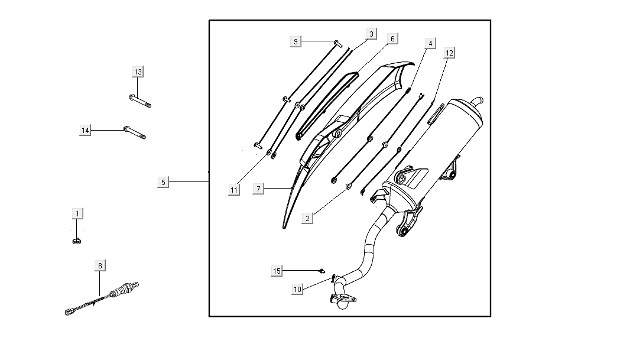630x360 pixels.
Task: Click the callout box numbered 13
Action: tap(138, 72)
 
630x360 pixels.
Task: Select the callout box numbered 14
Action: tap(86, 130)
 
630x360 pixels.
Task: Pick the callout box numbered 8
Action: tap(100, 266)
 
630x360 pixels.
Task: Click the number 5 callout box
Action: tap(164, 182)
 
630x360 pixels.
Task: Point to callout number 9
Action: tap(296, 41)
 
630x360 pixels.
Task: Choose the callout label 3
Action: tap(371, 34)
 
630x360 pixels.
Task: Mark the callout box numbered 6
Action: tap(392, 38)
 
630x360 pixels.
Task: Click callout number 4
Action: tap(430, 43)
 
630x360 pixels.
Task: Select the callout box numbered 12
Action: tap(449, 53)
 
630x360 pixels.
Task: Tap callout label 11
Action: tap(235, 190)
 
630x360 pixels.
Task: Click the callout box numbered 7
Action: tap(258, 189)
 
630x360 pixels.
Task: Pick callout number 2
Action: tap(307, 218)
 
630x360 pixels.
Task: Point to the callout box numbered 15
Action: tap(277, 271)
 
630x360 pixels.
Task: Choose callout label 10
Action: tap(298, 289)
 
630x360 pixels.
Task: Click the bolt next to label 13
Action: tap(139, 101)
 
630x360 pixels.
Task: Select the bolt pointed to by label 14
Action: tap(134, 132)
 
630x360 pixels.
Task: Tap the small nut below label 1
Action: tap(77, 240)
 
